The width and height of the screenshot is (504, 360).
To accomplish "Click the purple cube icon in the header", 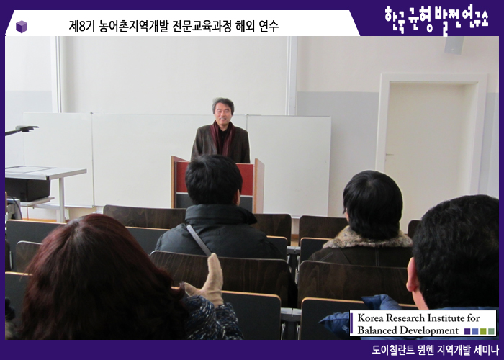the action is (x=22, y=27).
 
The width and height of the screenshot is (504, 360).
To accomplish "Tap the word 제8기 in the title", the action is (x=81, y=27).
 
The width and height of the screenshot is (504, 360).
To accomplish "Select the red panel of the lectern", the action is (x=247, y=179).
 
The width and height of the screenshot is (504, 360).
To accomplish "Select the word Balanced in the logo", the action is (x=376, y=330).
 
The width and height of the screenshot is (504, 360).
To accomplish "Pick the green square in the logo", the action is (x=491, y=331).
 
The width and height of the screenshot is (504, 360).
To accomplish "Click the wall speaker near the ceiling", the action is (x=454, y=45).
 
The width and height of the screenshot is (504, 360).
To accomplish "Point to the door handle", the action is (x=389, y=156).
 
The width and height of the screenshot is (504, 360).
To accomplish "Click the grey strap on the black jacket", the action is (x=198, y=240).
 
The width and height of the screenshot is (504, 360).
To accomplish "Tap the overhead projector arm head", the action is (x=27, y=129).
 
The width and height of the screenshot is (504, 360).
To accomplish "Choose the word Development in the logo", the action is (x=428, y=330).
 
